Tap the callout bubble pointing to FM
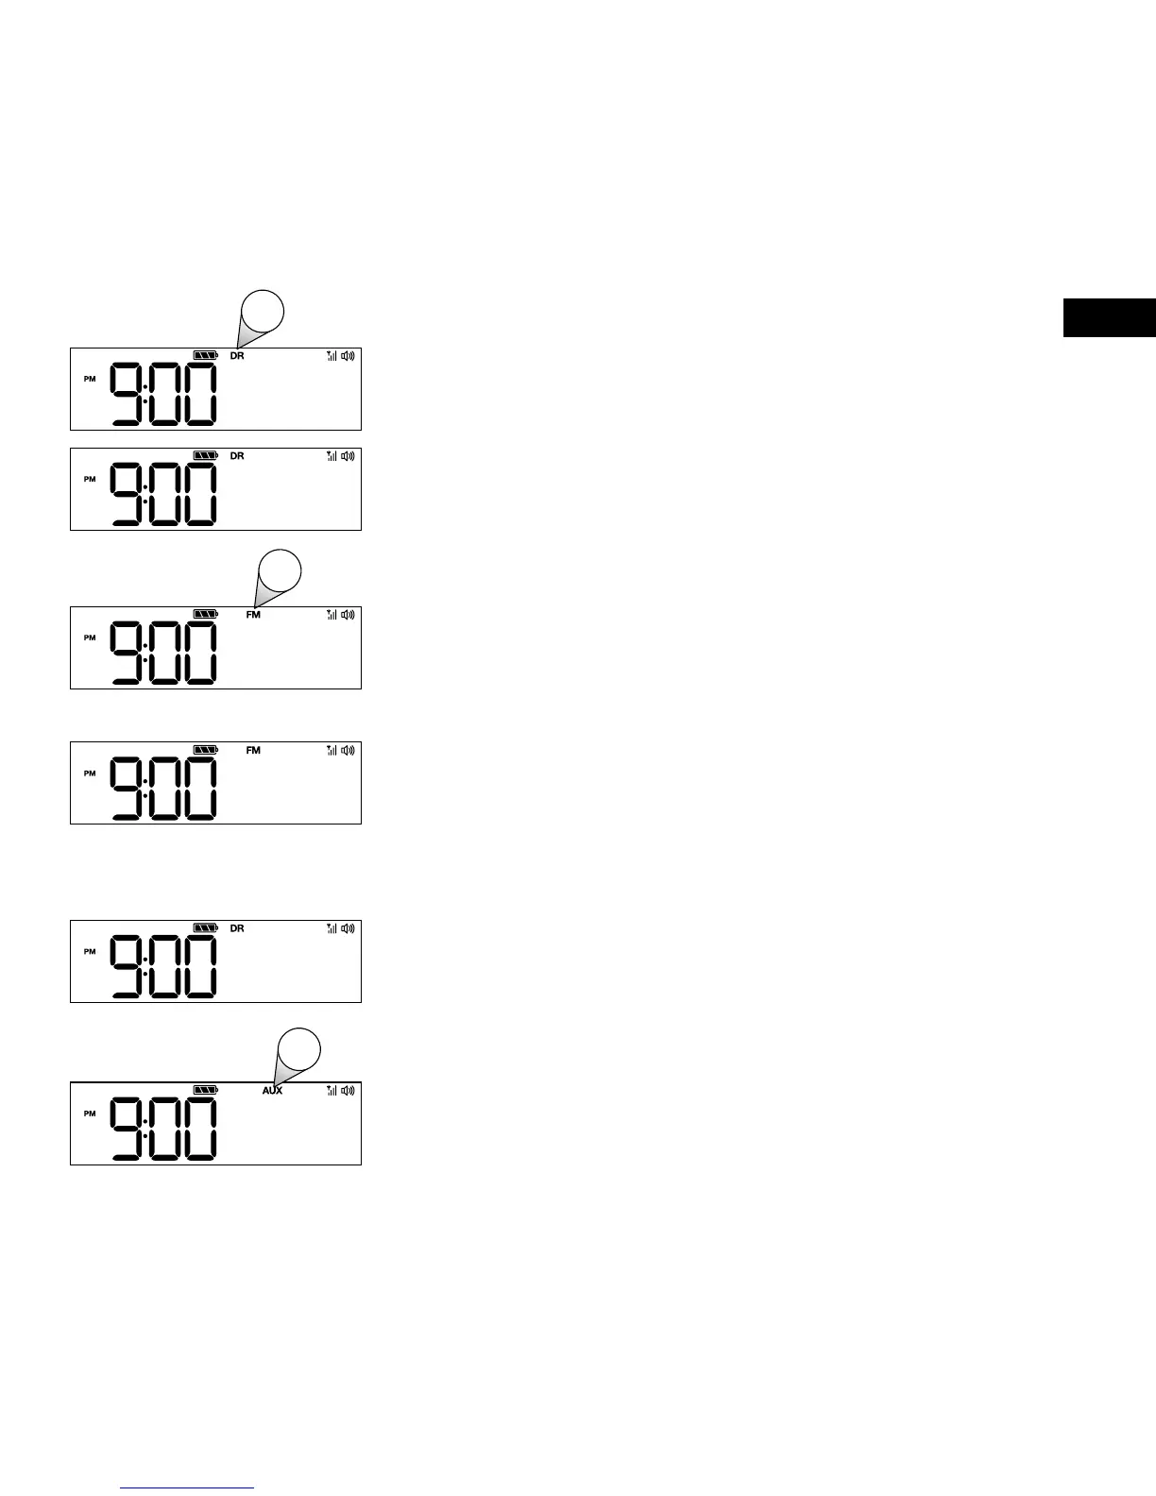pos(280,570)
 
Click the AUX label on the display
pos(272,1091)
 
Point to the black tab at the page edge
pos(1109,317)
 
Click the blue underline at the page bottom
pos(187,1488)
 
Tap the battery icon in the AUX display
pos(205,1090)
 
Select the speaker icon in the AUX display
pos(348,1090)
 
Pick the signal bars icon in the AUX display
pos(331,1090)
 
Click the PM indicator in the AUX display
pos(90,1113)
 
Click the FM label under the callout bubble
pos(253,615)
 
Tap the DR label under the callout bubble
pos(237,356)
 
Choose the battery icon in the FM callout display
pos(205,614)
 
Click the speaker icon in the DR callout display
pos(348,356)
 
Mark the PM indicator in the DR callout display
pos(90,379)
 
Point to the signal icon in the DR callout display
pos(331,356)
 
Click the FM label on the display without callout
pos(253,751)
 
